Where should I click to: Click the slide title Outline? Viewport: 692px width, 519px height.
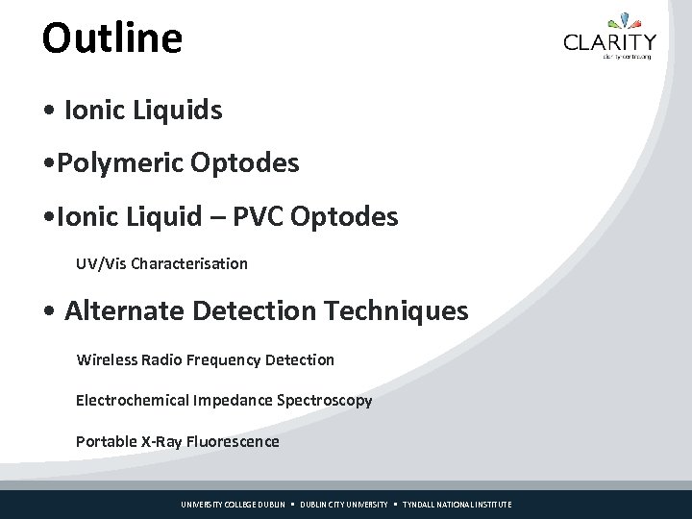111,38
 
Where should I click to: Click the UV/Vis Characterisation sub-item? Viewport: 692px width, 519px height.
161,263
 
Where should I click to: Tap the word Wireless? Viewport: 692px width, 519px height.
106,359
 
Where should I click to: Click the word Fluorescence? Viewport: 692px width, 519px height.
235,442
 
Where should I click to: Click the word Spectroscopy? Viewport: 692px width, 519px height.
325,400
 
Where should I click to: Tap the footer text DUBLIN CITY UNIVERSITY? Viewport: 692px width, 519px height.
343,505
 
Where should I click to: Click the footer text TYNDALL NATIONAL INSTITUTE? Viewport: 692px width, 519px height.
457,505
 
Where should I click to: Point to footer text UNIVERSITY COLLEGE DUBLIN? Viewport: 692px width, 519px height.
234,505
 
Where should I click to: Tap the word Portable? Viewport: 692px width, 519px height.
106,442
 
